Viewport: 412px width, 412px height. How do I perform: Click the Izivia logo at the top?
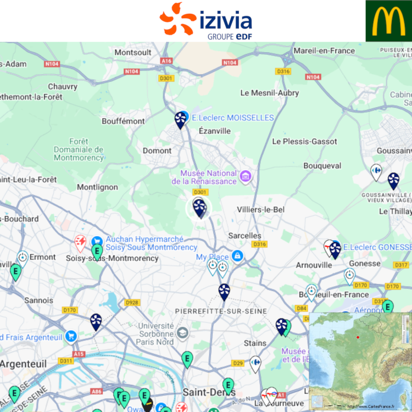(x=206, y=20)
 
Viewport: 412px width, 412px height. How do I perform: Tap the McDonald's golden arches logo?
(x=388, y=21)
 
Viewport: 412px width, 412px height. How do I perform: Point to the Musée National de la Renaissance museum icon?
(x=246, y=176)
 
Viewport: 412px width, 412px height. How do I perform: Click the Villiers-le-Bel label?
(x=261, y=209)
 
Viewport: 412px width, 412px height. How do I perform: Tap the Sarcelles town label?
(x=244, y=235)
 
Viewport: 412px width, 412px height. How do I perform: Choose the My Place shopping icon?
(x=237, y=256)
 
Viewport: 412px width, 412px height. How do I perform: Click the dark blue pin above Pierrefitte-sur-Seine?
(x=224, y=291)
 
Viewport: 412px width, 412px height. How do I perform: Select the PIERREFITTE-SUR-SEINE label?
(x=221, y=311)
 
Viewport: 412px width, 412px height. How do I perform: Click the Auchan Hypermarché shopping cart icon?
(x=97, y=241)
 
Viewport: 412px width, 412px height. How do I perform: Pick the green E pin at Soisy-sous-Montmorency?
(x=97, y=252)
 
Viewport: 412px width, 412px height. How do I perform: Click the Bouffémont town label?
(x=123, y=121)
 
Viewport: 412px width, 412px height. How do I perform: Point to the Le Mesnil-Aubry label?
(x=270, y=93)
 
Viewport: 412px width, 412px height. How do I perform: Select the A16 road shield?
(x=166, y=61)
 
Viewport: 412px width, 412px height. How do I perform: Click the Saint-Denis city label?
(x=201, y=392)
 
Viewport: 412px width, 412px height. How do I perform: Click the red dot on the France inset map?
(x=358, y=337)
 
